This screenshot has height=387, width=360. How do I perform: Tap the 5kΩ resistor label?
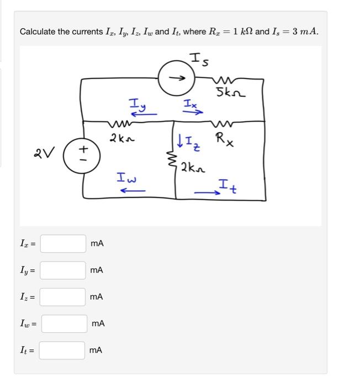tap(227, 93)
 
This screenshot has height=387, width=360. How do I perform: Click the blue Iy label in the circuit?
tap(136, 103)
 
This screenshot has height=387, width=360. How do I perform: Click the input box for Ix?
tap(63, 243)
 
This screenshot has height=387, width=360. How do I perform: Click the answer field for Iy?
tap(63, 270)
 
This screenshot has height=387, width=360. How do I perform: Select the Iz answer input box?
tap(63, 297)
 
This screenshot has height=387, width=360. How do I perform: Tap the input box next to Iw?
tap(64, 323)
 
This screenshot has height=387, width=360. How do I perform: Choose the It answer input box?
tap(62, 350)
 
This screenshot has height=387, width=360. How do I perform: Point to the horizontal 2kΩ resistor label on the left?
tap(121, 137)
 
